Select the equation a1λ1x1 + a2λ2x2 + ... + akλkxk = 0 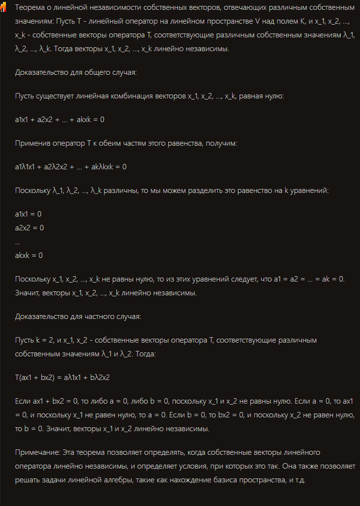71,167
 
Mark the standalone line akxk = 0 29,255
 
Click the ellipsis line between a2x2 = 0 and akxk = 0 18,242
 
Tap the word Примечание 36,452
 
